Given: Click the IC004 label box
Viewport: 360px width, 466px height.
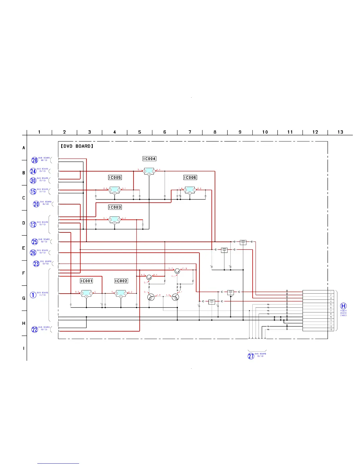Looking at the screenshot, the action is point(149,159).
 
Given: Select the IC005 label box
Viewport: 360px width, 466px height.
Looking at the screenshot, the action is point(115,178).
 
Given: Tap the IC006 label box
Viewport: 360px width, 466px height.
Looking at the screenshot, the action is point(190,178).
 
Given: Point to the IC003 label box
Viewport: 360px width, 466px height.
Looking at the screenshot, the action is point(115,207).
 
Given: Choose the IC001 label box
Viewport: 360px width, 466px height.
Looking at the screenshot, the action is point(86,281).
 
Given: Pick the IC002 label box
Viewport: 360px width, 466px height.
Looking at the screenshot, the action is point(121,281).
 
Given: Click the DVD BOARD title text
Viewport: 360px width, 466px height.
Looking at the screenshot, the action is point(77,146).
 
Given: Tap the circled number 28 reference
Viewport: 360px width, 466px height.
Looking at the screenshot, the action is point(35,160).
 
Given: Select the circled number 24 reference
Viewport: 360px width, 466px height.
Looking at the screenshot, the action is point(33,171).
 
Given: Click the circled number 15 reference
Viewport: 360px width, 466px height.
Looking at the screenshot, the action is point(33,192).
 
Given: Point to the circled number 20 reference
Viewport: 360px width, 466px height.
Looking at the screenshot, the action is point(36,204).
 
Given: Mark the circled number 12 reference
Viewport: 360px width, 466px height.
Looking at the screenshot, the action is point(33,224).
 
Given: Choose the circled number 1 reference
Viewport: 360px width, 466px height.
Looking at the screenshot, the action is point(33,295).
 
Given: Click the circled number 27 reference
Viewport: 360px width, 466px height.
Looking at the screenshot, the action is point(251,356).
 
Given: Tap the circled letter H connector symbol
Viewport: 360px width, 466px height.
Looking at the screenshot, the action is point(343,306).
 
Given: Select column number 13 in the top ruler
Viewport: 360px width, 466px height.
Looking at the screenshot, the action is point(340,132).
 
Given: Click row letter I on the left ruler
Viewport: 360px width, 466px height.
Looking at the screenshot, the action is point(24,349).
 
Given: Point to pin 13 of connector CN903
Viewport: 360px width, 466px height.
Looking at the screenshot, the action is point(331,329).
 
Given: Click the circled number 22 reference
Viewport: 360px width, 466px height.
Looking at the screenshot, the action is point(35,329).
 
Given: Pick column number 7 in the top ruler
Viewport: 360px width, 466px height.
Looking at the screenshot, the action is point(190,132).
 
